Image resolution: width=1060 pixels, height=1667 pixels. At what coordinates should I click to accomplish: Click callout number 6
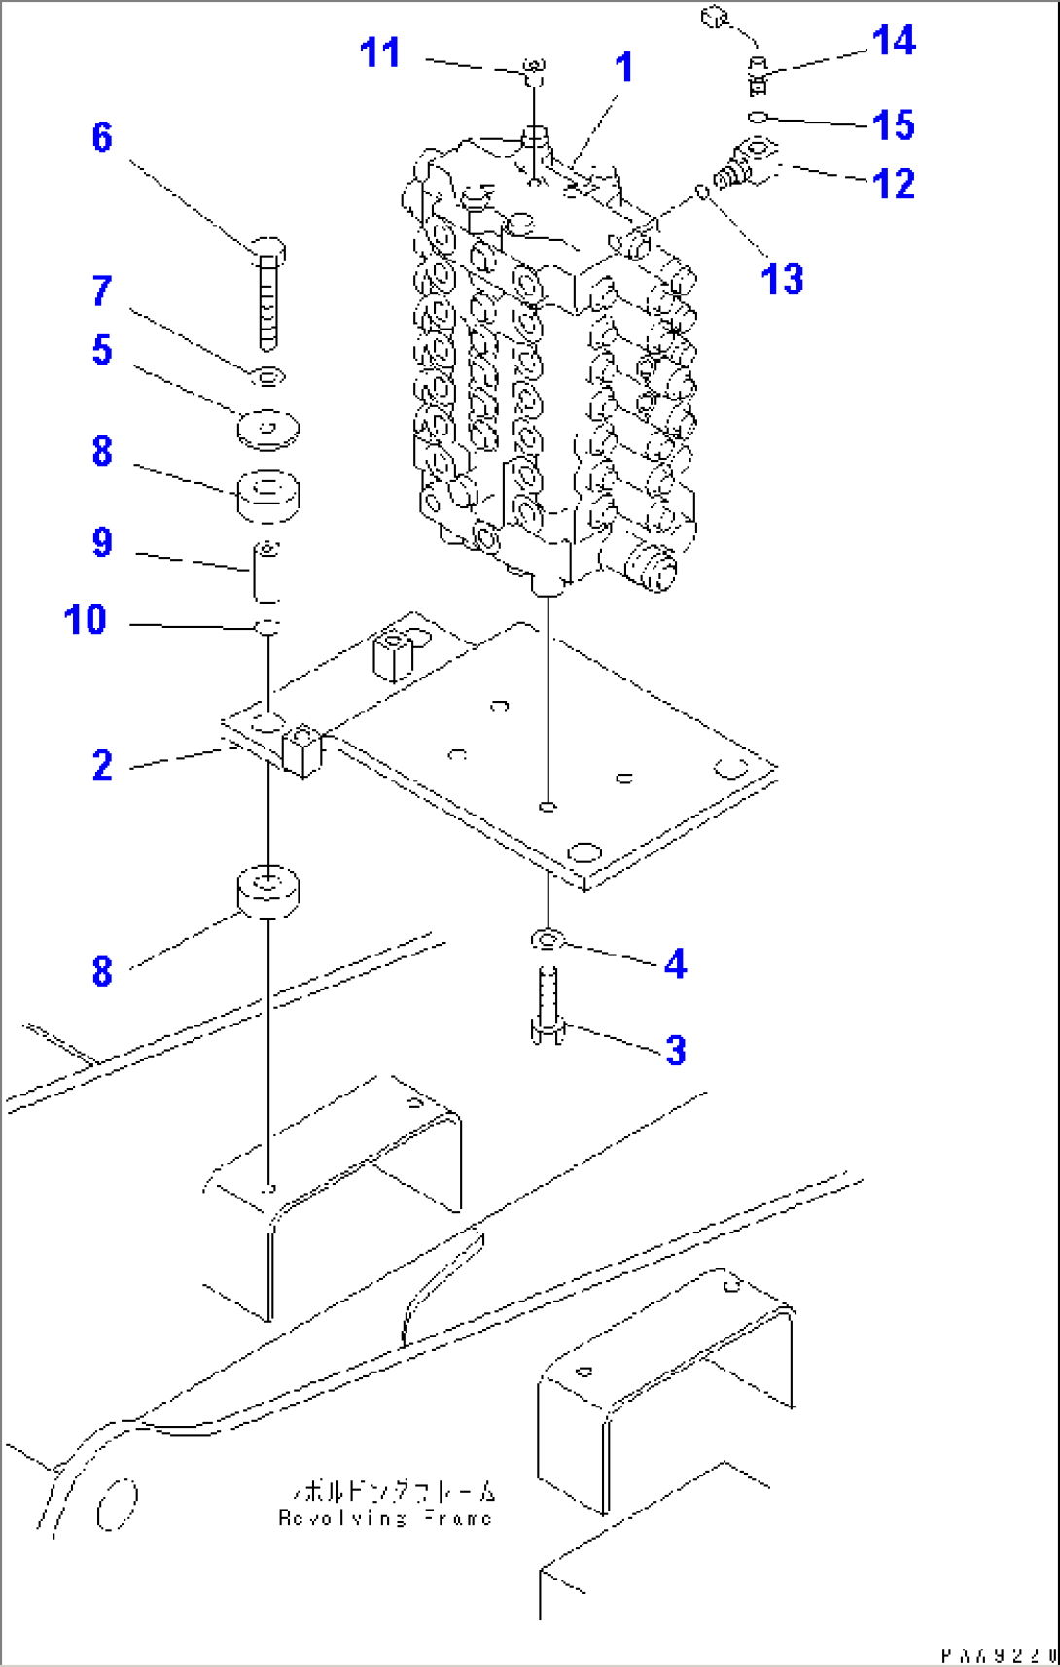click(x=102, y=138)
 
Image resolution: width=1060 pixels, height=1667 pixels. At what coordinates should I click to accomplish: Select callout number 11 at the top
click(x=379, y=53)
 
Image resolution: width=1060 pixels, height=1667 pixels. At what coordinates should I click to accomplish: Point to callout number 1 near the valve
click(x=624, y=68)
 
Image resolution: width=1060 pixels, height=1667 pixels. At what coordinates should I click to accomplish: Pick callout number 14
click(x=893, y=42)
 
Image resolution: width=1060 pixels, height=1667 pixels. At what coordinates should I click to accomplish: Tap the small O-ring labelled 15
click(x=759, y=118)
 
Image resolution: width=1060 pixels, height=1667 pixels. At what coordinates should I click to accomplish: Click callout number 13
click(x=782, y=280)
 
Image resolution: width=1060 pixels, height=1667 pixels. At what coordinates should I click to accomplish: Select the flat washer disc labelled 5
click(x=268, y=428)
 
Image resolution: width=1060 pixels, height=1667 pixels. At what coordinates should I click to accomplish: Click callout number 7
click(x=102, y=291)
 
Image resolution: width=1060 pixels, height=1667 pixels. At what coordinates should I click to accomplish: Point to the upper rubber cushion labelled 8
click(x=268, y=493)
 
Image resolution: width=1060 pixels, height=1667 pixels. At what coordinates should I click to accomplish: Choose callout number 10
click(x=85, y=620)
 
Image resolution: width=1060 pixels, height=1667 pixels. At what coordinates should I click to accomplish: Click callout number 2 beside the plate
click(x=102, y=766)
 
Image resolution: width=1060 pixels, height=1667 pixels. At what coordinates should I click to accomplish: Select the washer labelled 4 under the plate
click(x=548, y=939)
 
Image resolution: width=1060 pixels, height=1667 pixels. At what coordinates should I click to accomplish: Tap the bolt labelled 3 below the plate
click(x=548, y=1006)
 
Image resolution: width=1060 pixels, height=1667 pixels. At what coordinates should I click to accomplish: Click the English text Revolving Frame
click(x=385, y=1518)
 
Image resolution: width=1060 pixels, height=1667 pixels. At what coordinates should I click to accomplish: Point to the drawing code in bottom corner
click(x=998, y=1654)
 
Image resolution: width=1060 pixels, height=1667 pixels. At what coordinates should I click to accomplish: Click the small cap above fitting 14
click(x=716, y=17)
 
